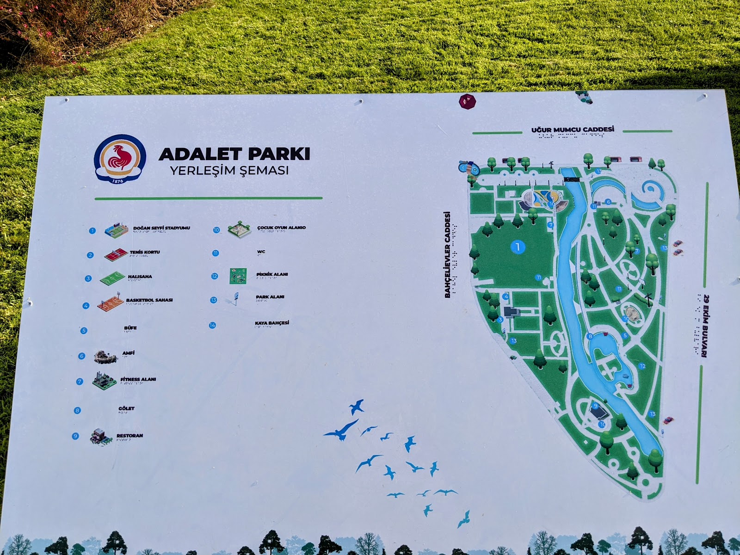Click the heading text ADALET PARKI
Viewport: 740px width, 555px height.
coord(234,154)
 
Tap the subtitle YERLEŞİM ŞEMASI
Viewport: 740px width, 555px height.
coord(229,170)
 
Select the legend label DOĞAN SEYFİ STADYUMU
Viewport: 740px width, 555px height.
coord(161,228)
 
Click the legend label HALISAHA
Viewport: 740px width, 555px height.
coord(140,277)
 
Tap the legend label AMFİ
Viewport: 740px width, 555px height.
coord(128,353)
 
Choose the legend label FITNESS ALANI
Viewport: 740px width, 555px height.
coord(138,379)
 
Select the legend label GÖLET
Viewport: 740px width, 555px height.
coord(126,408)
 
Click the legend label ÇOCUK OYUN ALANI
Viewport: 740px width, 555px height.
coord(281,228)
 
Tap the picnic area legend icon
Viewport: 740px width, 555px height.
coord(238,276)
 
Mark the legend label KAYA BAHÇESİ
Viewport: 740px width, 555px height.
coord(271,323)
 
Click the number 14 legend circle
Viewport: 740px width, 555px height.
coord(212,325)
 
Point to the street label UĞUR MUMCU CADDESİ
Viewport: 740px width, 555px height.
coord(573,129)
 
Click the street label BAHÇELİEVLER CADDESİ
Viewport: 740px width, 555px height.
coord(447,254)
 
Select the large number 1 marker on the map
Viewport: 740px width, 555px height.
coord(518,247)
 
